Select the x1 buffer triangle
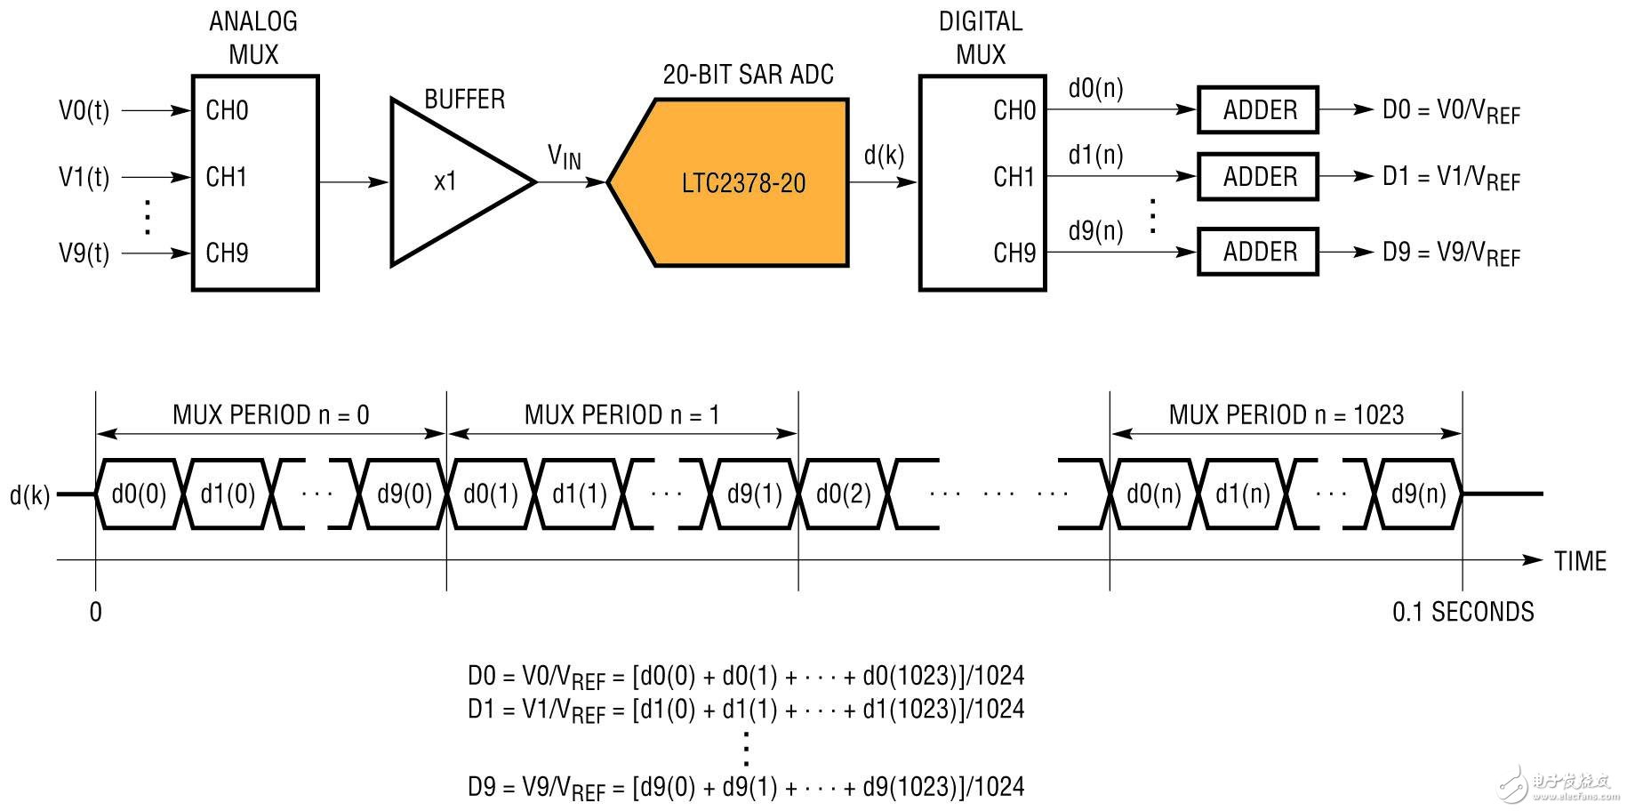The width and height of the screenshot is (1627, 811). click(449, 181)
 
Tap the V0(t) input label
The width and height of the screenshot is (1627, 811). click(84, 111)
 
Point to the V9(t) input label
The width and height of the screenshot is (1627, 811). click(84, 253)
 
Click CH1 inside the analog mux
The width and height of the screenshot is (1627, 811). click(227, 177)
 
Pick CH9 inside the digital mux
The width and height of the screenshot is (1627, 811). click(1014, 253)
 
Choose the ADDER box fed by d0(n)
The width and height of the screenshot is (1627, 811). click(1258, 110)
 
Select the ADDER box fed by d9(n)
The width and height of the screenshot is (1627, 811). click(1258, 252)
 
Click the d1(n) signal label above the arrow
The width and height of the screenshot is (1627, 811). click(1095, 156)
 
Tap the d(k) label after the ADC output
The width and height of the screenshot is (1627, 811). click(884, 156)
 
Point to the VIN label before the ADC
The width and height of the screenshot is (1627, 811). click(565, 157)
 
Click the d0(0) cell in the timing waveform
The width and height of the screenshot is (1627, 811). click(139, 494)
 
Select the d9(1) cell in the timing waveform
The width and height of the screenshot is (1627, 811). click(755, 494)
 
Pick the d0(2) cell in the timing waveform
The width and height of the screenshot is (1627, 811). click(843, 494)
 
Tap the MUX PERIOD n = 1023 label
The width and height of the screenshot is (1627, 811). click(1286, 415)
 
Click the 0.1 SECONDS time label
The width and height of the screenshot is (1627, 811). click(1463, 612)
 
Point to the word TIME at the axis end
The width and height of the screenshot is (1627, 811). click(1580, 561)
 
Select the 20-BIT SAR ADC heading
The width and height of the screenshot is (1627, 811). click(748, 75)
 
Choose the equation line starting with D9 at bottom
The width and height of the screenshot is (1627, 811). click(746, 788)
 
